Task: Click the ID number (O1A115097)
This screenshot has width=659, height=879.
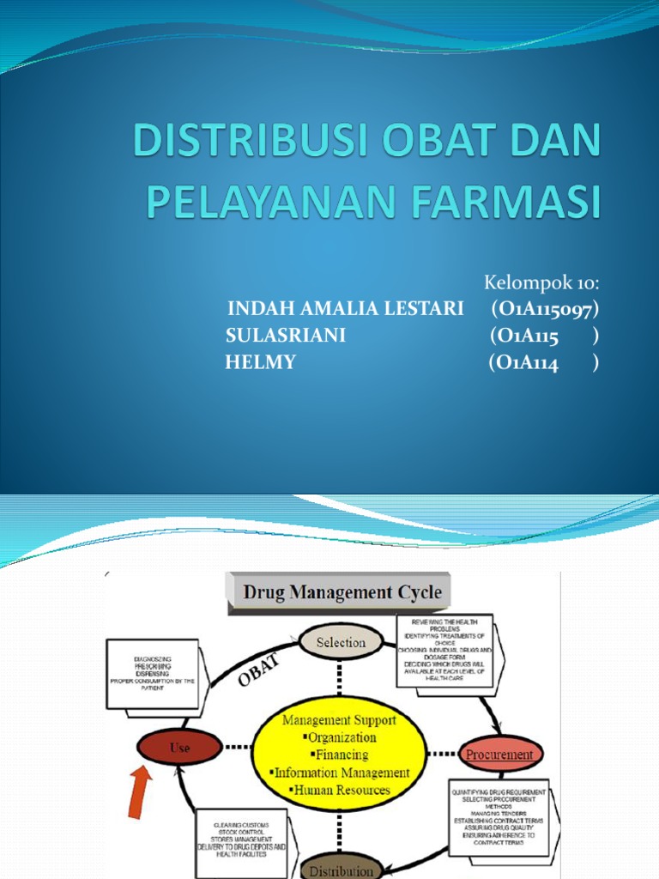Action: pyautogui.click(x=545, y=308)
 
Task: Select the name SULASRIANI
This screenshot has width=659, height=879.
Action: pyautogui.click(x=286, y=336)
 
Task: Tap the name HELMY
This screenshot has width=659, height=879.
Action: pyautogui.click(x=260, y=363)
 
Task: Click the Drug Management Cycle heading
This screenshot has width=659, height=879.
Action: pyautogui.click(x=342, y=592)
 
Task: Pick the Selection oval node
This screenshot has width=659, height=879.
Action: pyautogui.click(x=341, y=642)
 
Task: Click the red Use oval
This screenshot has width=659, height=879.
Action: pyautogui.click(x=179, y=748)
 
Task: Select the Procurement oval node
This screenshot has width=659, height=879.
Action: pyautogui.click(x=499, y=755)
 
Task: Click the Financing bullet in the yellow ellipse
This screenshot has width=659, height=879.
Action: pyautogui.click(x=341, y=755)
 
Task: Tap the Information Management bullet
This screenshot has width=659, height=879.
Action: pyautogui.click(x=341, y=773)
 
